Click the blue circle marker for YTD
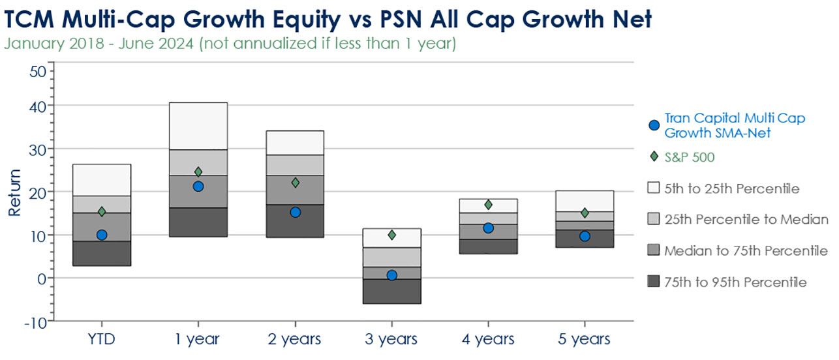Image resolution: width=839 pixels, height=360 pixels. [x=102, y=235]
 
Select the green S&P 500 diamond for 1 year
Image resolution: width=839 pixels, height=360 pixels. [x=198, y=172]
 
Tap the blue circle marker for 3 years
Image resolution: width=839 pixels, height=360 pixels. [x=391, y=275]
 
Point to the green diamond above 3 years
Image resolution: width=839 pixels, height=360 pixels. [x=391, y=235]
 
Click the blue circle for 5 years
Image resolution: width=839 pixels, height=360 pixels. [x=585, y=236]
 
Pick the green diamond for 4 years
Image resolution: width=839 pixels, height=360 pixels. [x=488, y=205]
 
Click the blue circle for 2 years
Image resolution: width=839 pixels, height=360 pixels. [x=295, y=212]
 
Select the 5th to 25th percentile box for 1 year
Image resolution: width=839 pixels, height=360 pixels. [x=198, y=126]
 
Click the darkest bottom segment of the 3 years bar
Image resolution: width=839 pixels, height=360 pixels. [x=391, y=291]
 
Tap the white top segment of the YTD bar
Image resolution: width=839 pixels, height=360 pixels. [x=102, y=180]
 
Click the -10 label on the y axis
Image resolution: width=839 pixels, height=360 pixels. [x=34, y=322]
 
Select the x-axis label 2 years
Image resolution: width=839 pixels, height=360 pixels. [x=295, y=339]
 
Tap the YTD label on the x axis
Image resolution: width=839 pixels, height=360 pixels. [x=102, y=339]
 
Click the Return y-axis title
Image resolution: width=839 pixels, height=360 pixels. [x=14, y=192]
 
